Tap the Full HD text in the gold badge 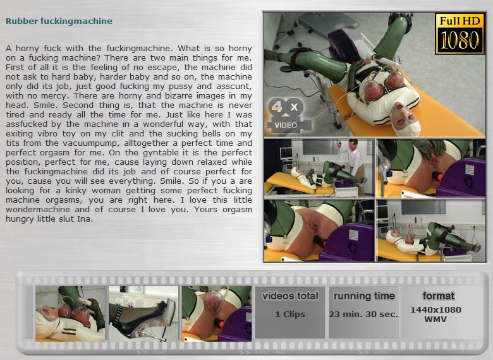point(460,21)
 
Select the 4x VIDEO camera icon point(288,115)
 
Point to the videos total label point(290,296)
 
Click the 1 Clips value point(290,314)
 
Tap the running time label point(364,296)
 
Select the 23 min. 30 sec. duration point(363,314)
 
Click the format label point(438,296)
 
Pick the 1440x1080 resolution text point(435,309)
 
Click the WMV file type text point(435,319)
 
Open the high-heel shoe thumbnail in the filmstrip point(143,313)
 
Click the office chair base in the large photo point(293,32)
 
